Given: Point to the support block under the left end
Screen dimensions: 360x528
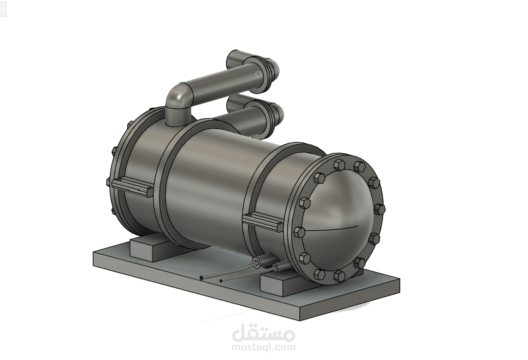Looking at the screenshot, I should coord(149,246).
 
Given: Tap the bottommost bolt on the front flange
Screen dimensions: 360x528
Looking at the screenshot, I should coord(338,277).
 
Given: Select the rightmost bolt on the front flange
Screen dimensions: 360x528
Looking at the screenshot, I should coord(380,210).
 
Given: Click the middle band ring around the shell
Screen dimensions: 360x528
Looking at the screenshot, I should coord(166,185).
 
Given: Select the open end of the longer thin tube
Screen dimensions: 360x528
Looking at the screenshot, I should coord(201,278).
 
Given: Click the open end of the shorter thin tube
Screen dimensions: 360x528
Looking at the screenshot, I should coord(221,280).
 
